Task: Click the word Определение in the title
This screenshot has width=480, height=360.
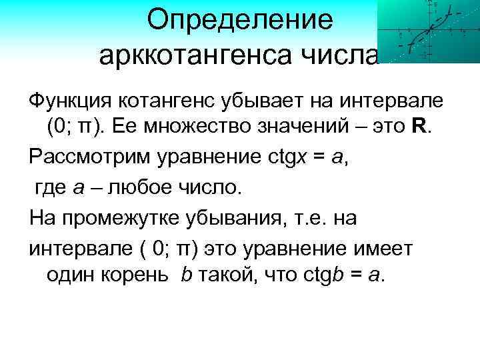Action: pos(240,19)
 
